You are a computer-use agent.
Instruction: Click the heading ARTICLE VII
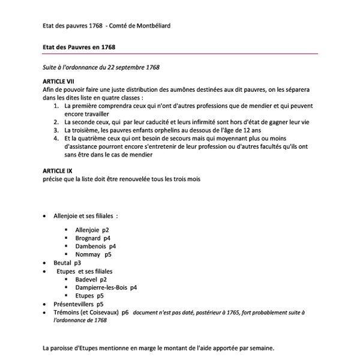[58, 80]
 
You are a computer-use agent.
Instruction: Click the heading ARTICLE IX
[57, 170]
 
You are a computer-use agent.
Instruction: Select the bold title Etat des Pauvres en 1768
[79, 46]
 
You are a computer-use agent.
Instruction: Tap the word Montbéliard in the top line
[157, 25]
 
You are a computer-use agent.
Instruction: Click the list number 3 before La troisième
[55, 128]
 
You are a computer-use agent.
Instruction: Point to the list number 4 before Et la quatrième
[55, 137]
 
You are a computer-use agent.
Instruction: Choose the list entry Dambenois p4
[95, 246]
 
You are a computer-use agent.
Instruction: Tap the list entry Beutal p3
[67, 263]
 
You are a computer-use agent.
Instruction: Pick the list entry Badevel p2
[91, 279]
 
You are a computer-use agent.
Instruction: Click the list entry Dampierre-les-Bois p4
[106, 287]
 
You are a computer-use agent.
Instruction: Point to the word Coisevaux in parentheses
[103, 313]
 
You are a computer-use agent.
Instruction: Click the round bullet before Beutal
[46, 263]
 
